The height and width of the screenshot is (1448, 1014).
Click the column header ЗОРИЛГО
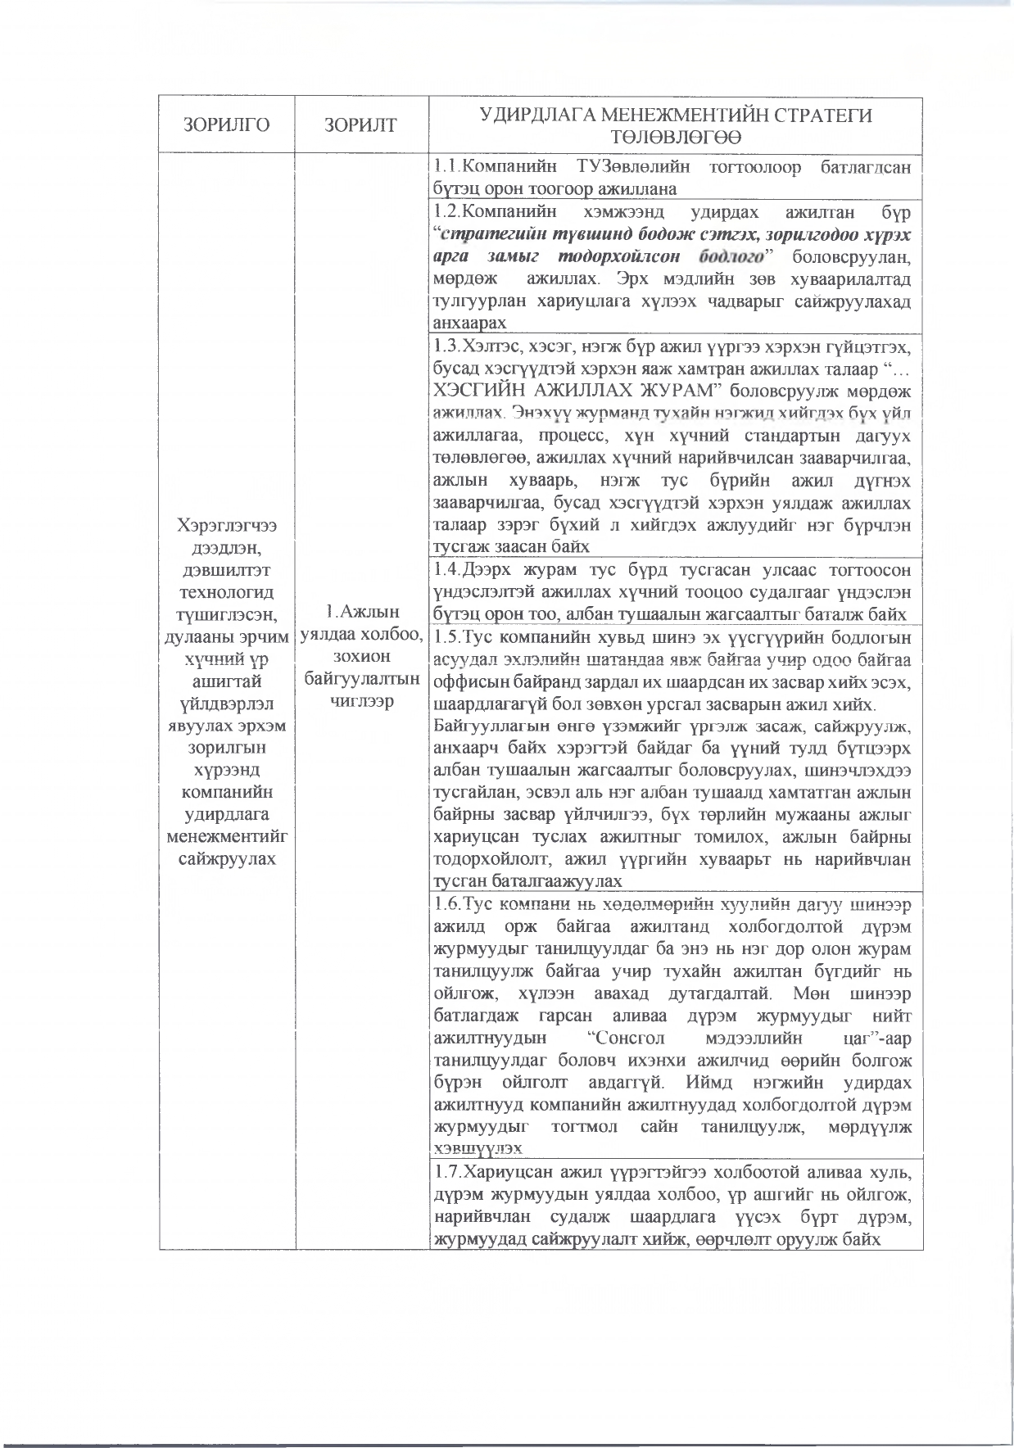pyautogui.click(x=227, y=125)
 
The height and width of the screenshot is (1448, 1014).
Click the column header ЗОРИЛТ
pyautogui.click(x=360, y=125)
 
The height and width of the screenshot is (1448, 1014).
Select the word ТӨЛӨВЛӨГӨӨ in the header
pyautogui.click(x=676, y=136)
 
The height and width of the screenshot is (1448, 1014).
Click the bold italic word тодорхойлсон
pyautogui.click(x=642, y=256)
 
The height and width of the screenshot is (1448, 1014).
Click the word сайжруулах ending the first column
pyautogui.click(x=227, y=858)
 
